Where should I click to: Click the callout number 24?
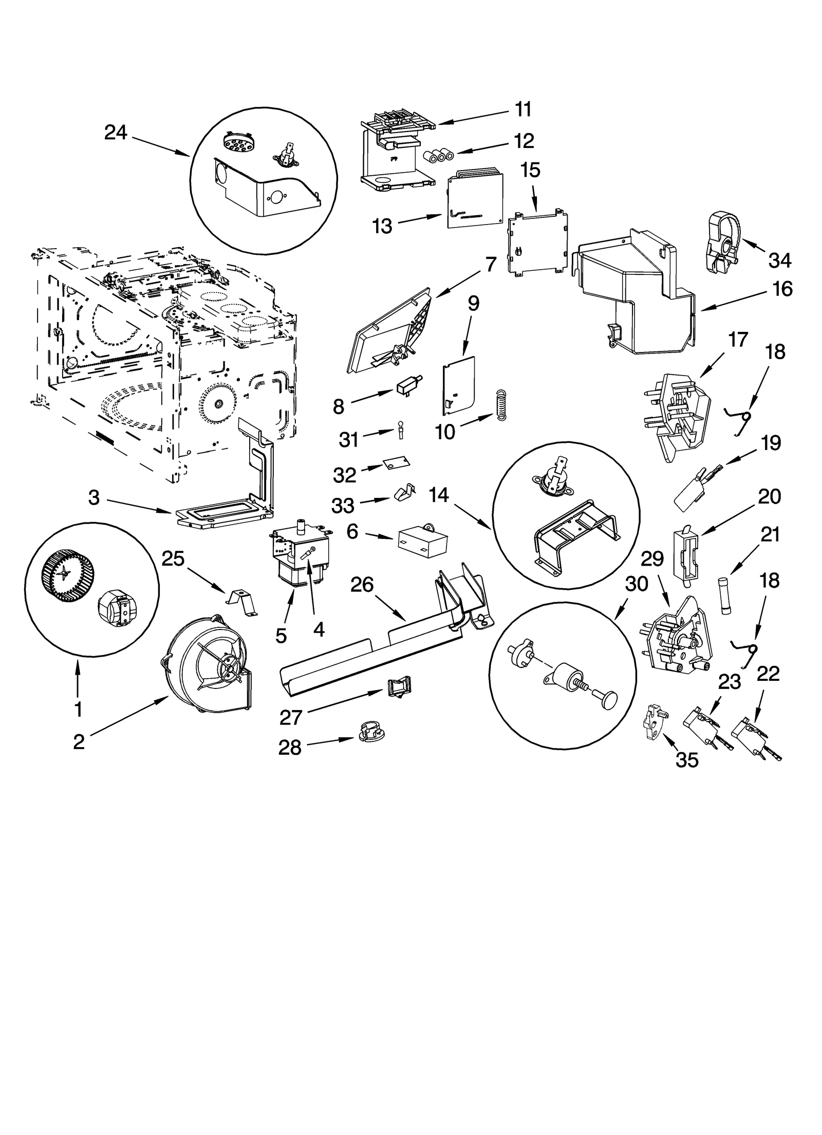click(116, 133)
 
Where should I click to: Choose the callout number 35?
click(687, 760)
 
